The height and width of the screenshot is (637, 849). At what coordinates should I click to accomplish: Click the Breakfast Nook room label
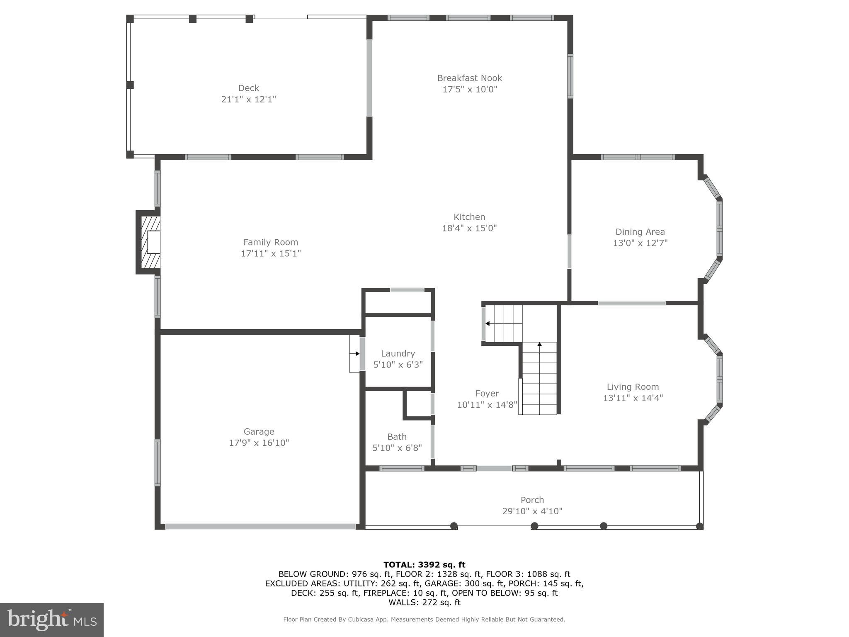(x=469, y=78)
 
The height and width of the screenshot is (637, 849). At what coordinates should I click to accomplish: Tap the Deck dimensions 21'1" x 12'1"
(x=248, y=100)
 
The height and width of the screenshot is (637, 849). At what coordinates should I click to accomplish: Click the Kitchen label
(x=469, y=217)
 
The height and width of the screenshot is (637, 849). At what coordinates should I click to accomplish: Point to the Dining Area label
(x=640, y=232)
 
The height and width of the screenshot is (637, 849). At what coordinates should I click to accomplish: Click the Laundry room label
(x=398, y=353)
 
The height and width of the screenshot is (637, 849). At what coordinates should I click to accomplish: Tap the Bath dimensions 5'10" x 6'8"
(x=397, y=448)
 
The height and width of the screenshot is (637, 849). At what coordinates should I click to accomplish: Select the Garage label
(x=259, y=431)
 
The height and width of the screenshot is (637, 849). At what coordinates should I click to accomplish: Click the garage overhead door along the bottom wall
(x=260, y=526)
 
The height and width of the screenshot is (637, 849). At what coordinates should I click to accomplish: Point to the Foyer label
(x=487, y=393)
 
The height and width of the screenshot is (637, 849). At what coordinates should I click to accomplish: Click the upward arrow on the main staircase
(x=539, y=344)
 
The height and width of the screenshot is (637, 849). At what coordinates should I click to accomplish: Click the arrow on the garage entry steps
(x=357, y=354)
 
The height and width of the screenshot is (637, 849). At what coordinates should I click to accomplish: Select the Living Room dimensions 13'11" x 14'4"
(x=633, y=398)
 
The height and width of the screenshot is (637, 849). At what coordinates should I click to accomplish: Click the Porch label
(x=532, y=500)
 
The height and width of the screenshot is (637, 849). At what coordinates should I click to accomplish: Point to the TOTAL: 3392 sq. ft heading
(x=424, y=564)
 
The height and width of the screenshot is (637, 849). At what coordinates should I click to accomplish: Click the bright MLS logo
(x=52, y=620)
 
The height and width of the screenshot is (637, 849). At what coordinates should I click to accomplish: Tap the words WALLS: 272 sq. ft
(x=424, y=602)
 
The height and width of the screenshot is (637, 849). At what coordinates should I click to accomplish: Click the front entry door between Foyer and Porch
(x=494, y=468)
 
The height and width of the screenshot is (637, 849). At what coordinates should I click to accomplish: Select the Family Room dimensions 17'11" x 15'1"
(x=271, y=253)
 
